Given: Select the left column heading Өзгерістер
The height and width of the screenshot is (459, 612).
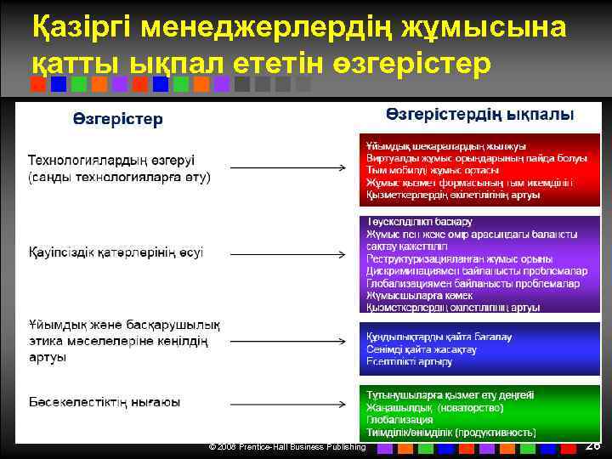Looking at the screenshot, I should click(x=116, y=119).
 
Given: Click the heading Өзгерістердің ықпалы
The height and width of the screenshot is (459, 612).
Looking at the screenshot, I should click(x=479, y=113).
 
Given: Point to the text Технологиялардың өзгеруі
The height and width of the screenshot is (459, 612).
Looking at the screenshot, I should click(x=111, y=161).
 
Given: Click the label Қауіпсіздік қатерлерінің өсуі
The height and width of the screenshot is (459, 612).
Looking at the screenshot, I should click(x=116, y=252).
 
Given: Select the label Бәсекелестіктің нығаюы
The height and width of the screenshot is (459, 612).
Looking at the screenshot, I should click(x=104, y=400).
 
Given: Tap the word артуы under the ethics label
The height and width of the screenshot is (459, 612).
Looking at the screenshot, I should click(x=48, y=357).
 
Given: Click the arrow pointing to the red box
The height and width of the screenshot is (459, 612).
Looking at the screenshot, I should click(x=288, y=168).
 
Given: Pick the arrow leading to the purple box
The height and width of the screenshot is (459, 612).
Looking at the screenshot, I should click(x=288, y=252).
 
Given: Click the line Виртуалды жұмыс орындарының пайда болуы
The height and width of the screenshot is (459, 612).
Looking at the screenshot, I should click(x=476, y=158).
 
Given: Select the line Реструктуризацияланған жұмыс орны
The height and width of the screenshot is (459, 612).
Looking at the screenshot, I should click(x=459, y=258).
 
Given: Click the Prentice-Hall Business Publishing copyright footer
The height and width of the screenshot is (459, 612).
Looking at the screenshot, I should click(x=287, y=446).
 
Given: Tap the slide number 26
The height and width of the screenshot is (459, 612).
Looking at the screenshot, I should click(x=592, y=445).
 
